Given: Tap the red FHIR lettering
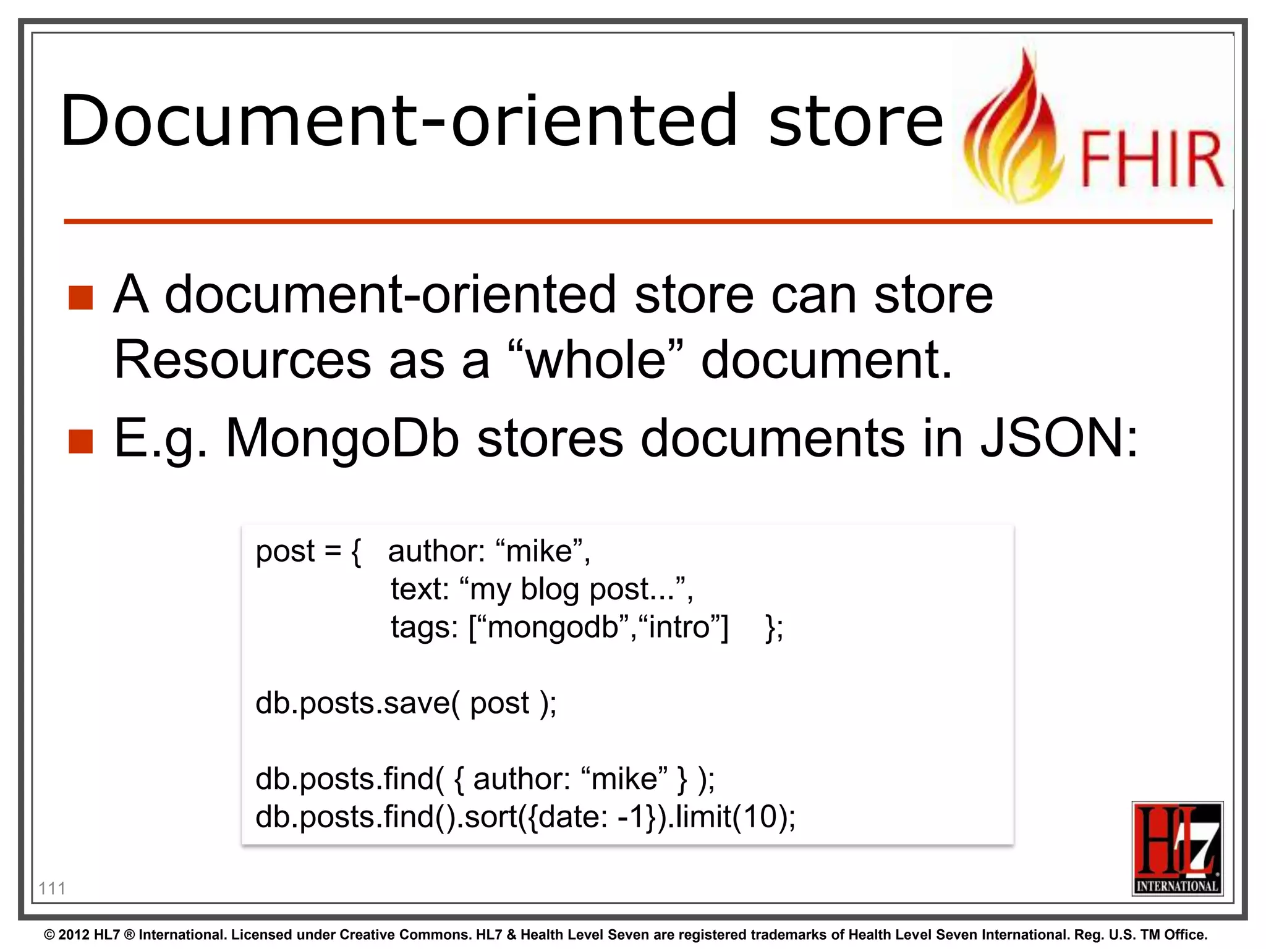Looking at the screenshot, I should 1152,159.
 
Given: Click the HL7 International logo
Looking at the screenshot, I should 1177,848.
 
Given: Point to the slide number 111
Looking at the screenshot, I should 52,888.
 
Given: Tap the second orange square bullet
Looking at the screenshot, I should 81,441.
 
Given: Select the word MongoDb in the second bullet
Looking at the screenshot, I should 342,439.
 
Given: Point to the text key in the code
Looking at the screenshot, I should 419,589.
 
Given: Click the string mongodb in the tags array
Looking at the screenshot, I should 553,627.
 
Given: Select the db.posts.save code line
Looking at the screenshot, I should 406,703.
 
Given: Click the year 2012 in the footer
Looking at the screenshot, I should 74,935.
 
